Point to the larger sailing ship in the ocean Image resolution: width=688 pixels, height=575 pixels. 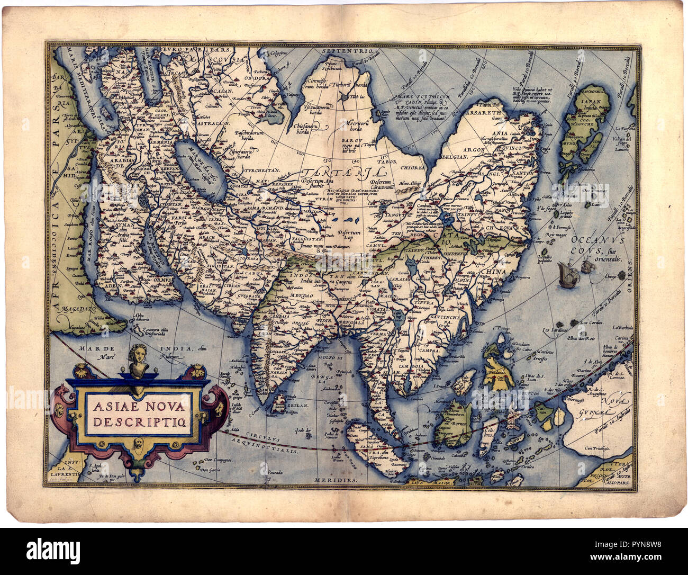tap(566, 277)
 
